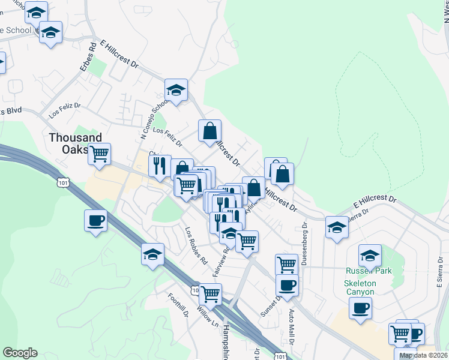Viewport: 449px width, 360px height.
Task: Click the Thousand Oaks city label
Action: click(x=75, y=143)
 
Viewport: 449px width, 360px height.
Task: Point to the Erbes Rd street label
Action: click(x=88, y=57)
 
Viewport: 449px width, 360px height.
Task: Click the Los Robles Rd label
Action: click(x=196, y=245)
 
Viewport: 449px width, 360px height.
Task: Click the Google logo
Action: click(x=20, y=353)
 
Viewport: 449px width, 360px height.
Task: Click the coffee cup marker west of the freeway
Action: click(x=96, y=220)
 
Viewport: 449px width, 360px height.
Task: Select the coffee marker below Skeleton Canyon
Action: click(x=360, y=308)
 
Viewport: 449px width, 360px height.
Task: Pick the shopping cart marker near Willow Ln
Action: click(x=210, y=294)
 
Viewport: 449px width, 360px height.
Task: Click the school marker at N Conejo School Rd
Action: click(x=176, y=90)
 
